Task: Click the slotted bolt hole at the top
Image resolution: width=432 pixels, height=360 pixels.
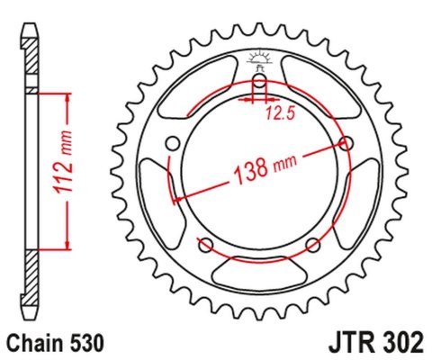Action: pyautogui.click(x=259, y=87)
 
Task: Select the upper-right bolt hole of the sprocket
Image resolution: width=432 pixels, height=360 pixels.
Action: pyautogui.click(x=347, y=142)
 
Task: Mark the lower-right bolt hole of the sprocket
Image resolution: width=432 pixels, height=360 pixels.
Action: pyautogui.click(x=313, y=245)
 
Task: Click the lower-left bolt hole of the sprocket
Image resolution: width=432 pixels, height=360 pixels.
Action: pyautogui.click(x=205, y=245)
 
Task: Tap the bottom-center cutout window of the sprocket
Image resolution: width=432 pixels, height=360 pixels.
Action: pyautogui.click(x=259, y=270)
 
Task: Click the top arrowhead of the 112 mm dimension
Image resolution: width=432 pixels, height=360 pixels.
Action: pyautogui.click(x=67, y=94)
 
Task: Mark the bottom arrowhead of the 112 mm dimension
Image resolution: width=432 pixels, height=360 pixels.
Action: pyautogui.click(x=67, y=245)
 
